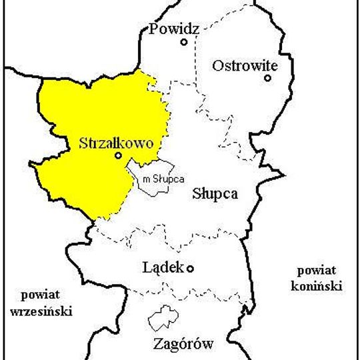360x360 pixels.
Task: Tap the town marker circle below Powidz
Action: (x=184, y=42)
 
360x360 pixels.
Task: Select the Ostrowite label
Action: (x=244, y=65)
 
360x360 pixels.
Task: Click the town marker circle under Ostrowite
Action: (x=267, y=78)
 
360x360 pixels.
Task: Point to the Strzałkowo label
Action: (x=116, y=143)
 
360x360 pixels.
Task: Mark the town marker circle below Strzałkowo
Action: (x=118, y=156)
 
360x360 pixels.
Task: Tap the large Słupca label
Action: (x=215, y=194)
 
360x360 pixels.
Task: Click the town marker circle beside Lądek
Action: (x=190, y=269)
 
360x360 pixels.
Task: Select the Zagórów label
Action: (x=183, y=345)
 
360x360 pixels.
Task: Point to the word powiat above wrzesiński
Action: (x=39, y=295)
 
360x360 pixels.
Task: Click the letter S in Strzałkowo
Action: (x=83, y=143)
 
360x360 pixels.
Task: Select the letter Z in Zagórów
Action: (x=157, y=345)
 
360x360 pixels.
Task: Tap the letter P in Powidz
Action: (x=154, y=29)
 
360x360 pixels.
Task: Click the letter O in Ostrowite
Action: (x=217, y=65)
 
